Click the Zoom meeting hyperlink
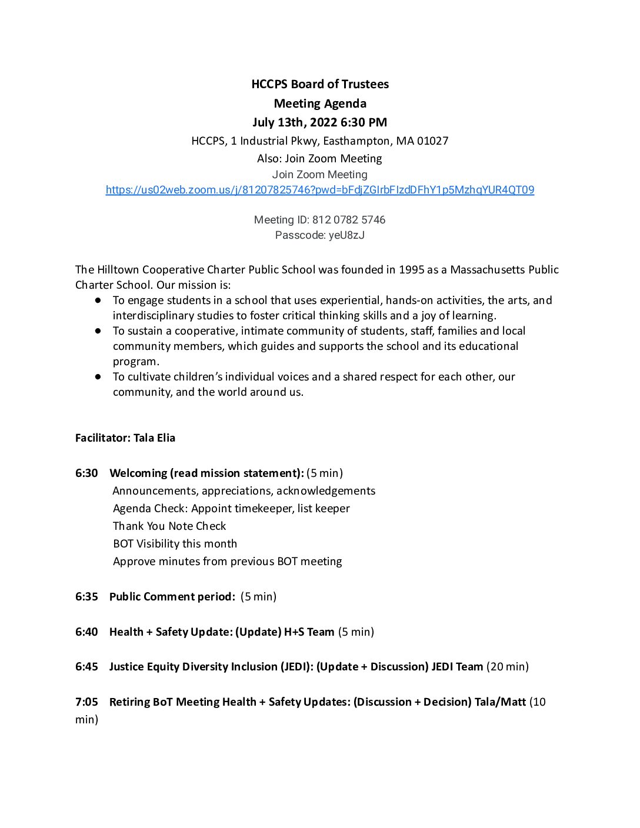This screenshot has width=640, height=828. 320,190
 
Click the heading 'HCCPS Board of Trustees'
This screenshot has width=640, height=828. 320,84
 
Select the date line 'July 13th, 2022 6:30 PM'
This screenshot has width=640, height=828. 320,122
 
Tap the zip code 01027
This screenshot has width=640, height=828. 432,141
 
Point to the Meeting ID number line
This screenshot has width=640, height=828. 320,220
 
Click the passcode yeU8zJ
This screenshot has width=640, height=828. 346,235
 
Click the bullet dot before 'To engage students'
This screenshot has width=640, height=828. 98,300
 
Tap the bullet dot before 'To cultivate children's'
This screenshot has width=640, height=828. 98,376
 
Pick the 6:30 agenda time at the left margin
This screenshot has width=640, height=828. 86,473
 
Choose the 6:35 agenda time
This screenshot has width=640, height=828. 86,597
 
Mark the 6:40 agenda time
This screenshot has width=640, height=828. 86,632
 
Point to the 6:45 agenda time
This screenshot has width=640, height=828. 86,667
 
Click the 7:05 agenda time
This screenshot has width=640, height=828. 86,702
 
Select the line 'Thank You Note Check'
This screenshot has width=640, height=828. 169,526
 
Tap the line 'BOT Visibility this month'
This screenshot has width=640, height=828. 175,544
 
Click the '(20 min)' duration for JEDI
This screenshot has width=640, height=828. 508,667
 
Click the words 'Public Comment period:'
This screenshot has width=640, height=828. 172,597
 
